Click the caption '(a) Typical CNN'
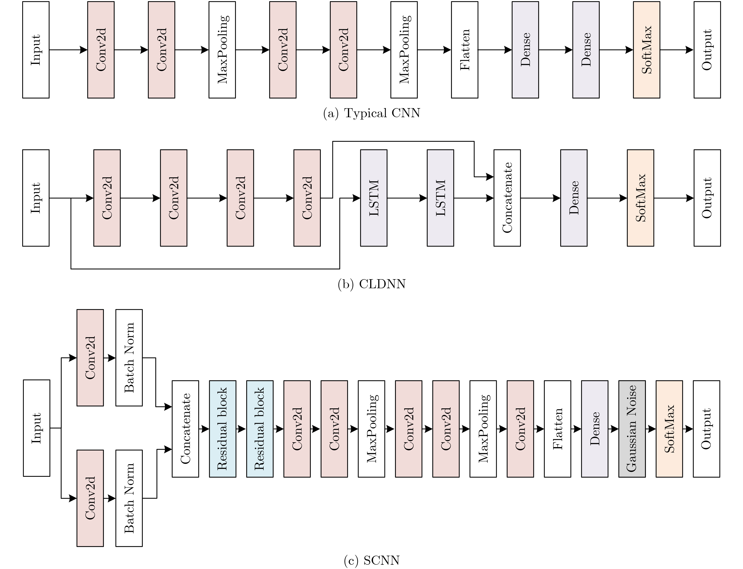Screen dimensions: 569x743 (371, 113)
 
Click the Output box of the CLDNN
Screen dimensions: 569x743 (707, 198)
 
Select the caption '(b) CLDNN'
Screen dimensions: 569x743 (371, 284)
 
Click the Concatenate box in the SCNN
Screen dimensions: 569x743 (185, 429)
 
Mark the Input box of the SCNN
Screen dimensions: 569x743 (37, 428)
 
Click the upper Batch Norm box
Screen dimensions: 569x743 (129, 358)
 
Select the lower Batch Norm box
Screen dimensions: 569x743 (129, 498)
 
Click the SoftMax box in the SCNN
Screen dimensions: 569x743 (669, 429)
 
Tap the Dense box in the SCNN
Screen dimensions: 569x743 (594, 429)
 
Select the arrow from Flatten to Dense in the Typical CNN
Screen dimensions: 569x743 (495, 50)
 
